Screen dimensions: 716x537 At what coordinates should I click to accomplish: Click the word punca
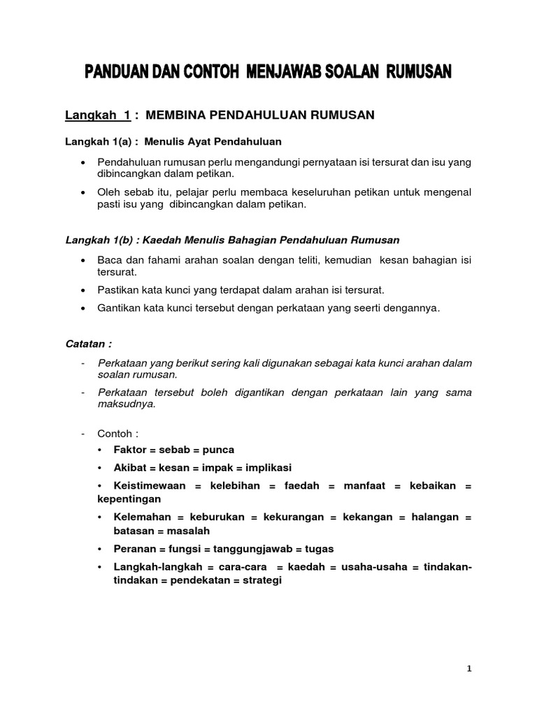[219, 450]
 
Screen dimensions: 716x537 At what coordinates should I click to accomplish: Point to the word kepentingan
[129, 499]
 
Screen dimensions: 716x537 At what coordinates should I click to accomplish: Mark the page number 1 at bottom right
[470, 668]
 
